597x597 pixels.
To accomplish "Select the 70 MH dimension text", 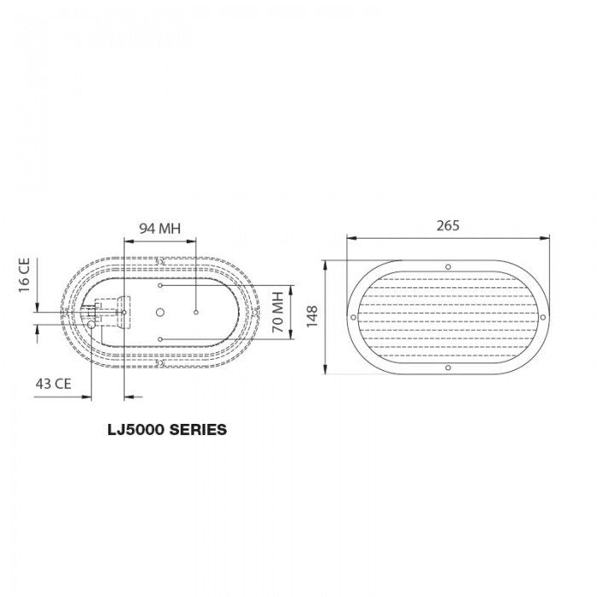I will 277,312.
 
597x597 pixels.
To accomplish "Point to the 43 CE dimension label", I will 54,383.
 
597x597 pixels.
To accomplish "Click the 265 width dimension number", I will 447,226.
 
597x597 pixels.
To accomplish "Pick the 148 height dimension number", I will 314,317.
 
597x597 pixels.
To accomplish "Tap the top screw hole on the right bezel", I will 449,267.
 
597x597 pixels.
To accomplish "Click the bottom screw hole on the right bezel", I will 449,368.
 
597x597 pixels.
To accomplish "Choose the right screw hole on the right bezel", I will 543,317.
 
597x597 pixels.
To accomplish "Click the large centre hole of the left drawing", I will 159,313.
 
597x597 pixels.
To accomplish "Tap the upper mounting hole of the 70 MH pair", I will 160,287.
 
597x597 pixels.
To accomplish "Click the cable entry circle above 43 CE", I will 91,324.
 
